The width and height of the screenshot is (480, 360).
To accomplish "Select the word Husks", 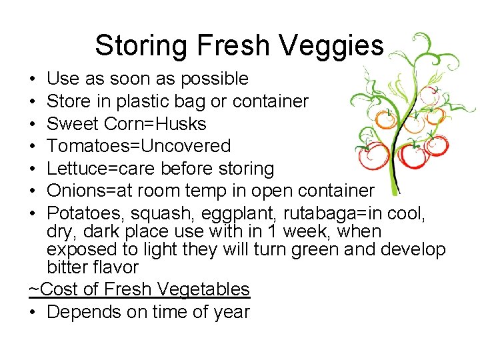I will tap(181, 124).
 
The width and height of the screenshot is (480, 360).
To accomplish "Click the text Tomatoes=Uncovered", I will tap(139, 146).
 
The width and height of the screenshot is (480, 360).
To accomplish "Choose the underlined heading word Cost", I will tap(57, 289).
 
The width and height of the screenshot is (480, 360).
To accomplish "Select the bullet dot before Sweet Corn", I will tap(33, 125).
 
